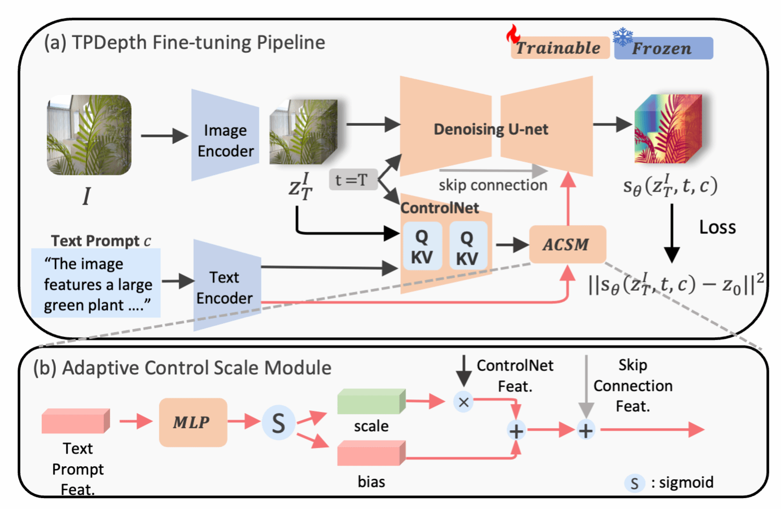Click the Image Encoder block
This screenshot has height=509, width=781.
pos(225,137)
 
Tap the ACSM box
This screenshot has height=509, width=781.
pos(567,244)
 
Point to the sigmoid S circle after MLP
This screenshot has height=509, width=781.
pos(278,422)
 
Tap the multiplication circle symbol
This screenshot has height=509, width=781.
pos(463,402)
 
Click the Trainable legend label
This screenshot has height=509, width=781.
pos(559,48)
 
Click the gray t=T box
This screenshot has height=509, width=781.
pos(352,180)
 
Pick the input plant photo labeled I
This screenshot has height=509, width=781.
pos(89,135)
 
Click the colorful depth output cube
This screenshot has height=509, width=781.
pos(667,129)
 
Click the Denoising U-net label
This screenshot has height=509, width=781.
pos(491,129)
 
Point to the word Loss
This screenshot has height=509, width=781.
pos(717,228)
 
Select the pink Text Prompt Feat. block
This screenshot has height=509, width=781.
pos(76,421)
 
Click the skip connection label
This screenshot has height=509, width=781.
pos(493,185)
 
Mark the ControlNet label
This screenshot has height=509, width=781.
pos(439,208)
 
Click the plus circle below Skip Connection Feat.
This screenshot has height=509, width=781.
pos(586,430)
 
